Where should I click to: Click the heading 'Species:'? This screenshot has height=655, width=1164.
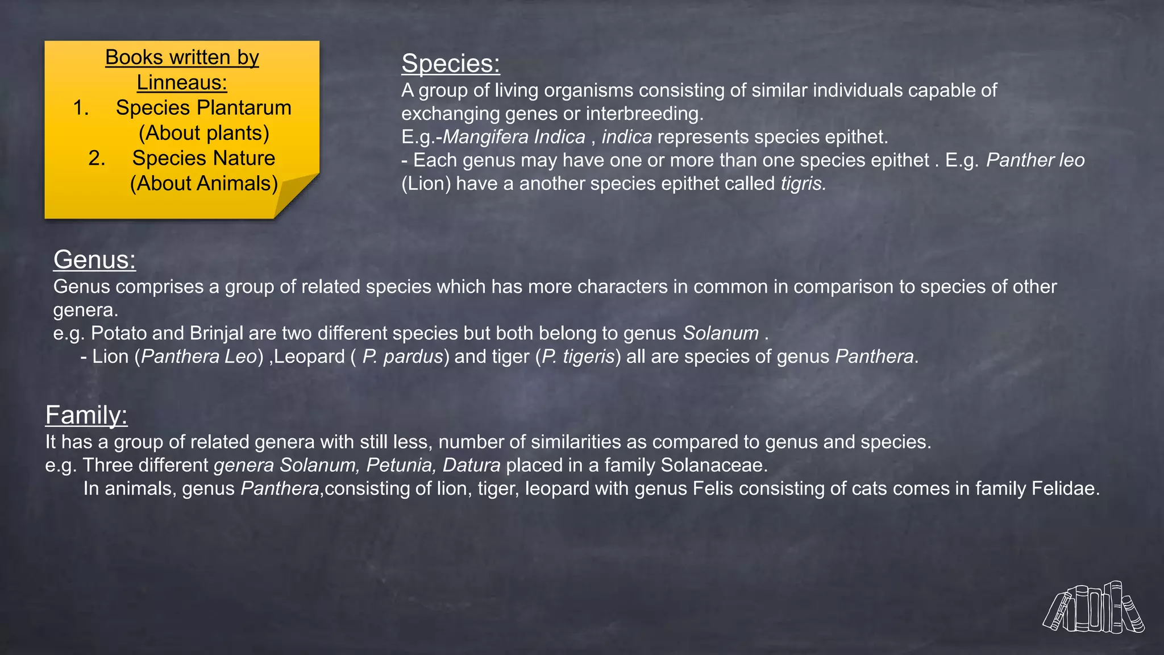coord(450,63)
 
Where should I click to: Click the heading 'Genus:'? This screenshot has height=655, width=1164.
coord(94,260)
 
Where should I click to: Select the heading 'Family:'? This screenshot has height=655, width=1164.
coord(86,415)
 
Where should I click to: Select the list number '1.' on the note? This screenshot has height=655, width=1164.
coord(81,107)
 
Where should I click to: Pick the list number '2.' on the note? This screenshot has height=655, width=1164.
coord(97,158)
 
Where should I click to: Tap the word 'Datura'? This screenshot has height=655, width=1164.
coord(471,465)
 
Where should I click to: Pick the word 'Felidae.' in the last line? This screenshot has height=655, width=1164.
coord(1065,488)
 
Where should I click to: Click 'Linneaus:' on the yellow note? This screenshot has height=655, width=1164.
coord(182,82)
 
